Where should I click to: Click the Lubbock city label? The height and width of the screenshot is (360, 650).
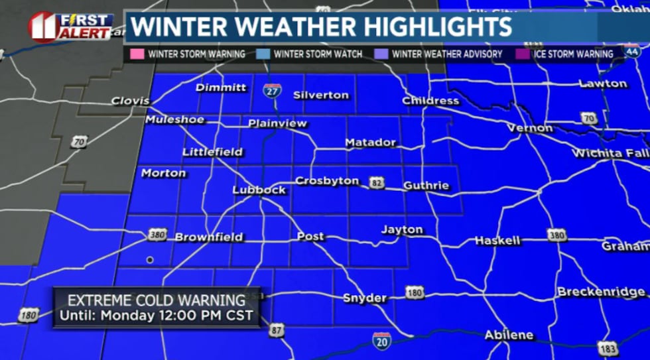click(259, 190)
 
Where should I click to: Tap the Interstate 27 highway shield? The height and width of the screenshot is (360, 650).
click(271, 91)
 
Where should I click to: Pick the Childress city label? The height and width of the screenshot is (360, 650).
click(430, 101)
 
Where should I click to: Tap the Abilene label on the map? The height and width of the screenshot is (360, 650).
click(509, 335)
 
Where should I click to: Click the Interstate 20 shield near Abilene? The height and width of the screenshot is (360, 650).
click(381, 340)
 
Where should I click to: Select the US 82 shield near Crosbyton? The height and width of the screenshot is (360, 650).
click(377, 182)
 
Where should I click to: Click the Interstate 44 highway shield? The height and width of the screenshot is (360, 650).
click(632, 50)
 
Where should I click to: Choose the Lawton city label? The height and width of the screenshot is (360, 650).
click(602, 84)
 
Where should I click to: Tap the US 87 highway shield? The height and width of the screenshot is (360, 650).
click(277, 330)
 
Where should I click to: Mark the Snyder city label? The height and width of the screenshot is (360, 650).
click(364, 298)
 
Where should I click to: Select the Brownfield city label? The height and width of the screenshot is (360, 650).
click(209, 237)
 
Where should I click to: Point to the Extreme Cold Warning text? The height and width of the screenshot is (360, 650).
click(157, 300)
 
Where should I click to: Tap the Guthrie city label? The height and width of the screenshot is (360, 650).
click(426, 186)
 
